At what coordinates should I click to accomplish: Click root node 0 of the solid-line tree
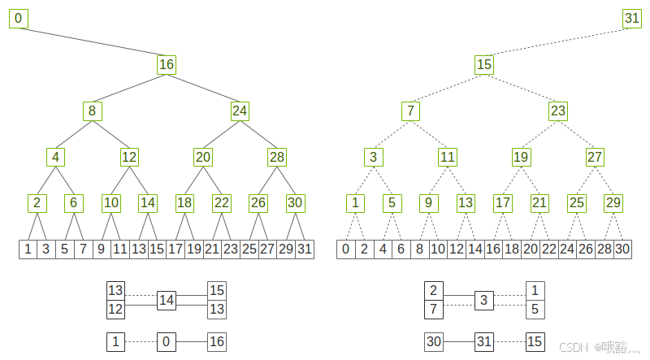pos(18,18)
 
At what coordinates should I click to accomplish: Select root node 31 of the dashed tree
pos(632,18)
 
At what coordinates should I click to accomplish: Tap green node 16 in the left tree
pos(167,64)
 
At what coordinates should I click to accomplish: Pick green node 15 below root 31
pos(484,64)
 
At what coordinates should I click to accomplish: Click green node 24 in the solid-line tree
pos(240,111)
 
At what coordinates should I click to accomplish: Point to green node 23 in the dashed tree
pos(558,111)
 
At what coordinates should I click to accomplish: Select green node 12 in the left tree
pos(129,157)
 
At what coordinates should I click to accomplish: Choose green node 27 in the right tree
pos(596,157)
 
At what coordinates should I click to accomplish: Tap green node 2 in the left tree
pos(37,203)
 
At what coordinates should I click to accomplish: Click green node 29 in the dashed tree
pos(614,203)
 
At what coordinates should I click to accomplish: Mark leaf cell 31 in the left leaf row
pos(305,249)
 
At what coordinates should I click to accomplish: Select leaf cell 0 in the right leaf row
pos(346,249)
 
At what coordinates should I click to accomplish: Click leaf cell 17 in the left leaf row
pos(175,249)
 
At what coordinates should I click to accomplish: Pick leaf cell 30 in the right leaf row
pos(622,249)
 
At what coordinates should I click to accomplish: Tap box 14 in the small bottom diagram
pos(167,301)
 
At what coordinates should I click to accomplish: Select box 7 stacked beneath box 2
pos(434,310)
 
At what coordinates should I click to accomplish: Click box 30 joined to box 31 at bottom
pos(434,342)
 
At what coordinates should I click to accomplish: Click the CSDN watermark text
pos(574,347)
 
